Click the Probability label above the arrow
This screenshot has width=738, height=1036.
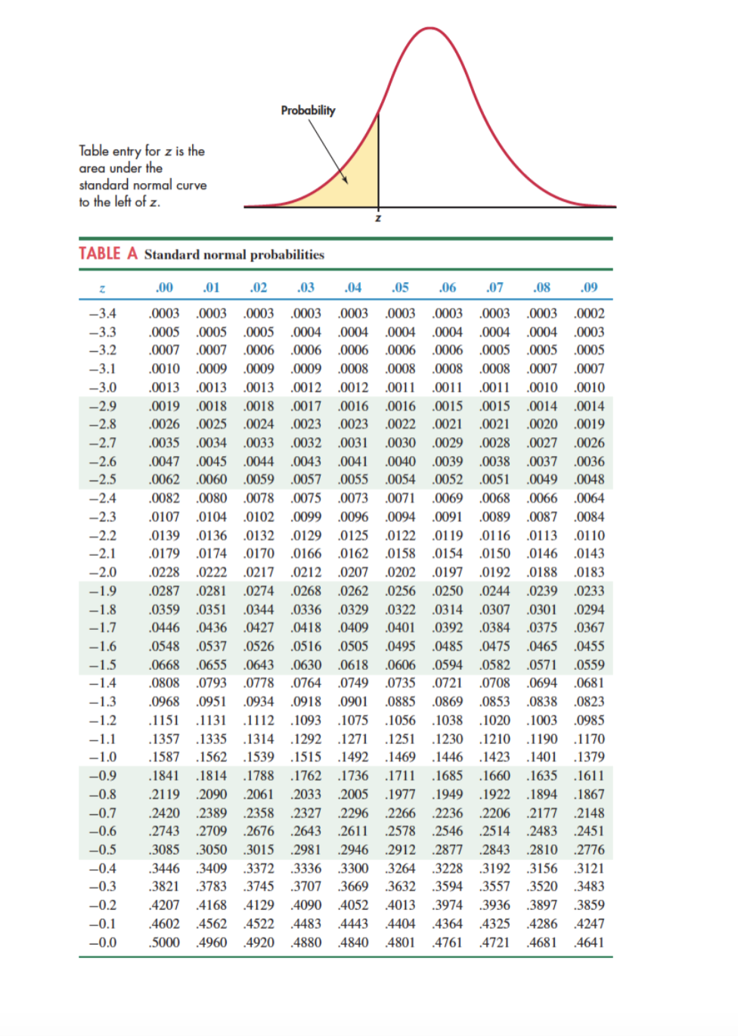pos(308,110)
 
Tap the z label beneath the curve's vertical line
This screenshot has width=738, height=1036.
pos(379,219)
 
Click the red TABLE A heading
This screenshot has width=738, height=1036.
pos(108,253)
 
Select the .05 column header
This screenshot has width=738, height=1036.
pos(400,287)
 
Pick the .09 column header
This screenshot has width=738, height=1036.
pos(589,287)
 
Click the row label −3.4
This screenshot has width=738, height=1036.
pos(103,313)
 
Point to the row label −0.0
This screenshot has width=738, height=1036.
pos(103,942)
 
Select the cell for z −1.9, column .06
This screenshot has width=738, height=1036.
pos(448,591)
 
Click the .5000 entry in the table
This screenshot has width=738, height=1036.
pos(164,942)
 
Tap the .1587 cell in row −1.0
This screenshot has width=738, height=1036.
pos(164,757)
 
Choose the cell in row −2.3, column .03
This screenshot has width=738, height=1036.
pos(306,516)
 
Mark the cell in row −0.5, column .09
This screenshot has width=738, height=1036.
pos(589,849)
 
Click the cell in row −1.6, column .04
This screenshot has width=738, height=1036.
pos(353,646)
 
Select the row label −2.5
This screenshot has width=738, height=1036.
pos(103,479)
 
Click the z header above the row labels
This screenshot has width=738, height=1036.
pos(102,288)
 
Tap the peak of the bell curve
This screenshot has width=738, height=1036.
pos(429,29)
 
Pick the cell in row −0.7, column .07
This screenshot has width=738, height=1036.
pos(495,813)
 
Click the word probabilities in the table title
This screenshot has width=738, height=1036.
pos(287,255)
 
